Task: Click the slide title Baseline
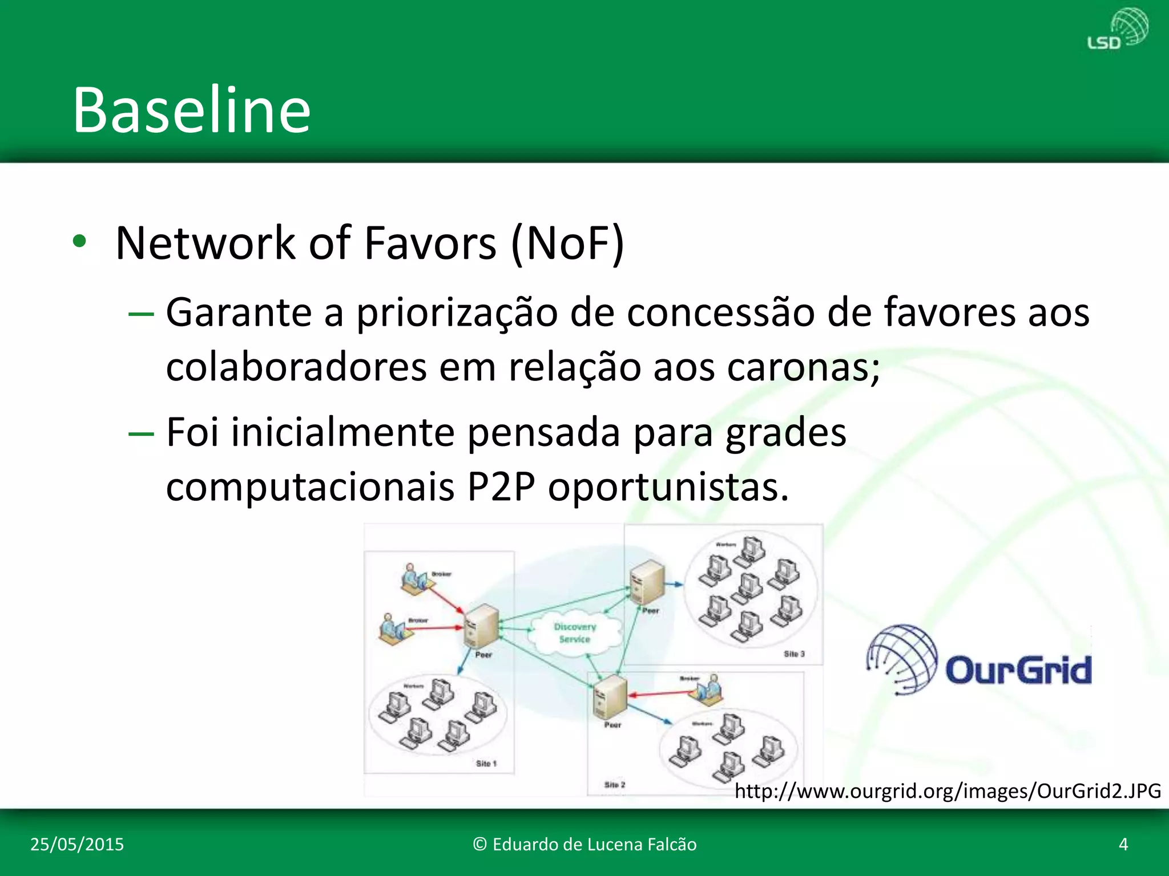(192, 109)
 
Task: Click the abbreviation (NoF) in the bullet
(567, 244)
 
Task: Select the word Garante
(239, 313)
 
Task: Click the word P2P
(501, 487)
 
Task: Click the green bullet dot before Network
(79, 242)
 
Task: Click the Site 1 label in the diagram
(486, 763)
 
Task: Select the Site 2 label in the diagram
(614, 785)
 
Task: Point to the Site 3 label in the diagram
(794, 654)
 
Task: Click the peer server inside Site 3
(647, 581)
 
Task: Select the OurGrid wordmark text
(1018, 670)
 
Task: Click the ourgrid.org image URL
(948, 791)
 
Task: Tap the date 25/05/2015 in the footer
(76, 844)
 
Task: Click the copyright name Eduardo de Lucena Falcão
(584, 844)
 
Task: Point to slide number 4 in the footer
(1123, 844)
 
